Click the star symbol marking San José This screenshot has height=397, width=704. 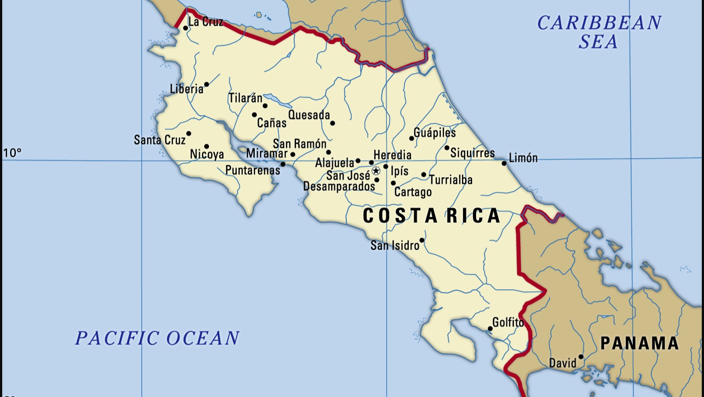pos(376,171)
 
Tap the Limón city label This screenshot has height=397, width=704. pos(523,158)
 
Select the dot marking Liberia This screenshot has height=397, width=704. pos(206,84)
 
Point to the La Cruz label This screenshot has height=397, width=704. pos(205,22)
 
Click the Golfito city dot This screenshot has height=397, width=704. pos(490,329)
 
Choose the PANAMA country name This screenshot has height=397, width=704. pos(639,343)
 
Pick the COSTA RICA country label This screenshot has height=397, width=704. pos(431,216)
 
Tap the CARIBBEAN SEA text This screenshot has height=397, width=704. pos(599,32)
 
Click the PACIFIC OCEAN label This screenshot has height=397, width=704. pos(157,338)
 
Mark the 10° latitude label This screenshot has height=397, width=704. pos(12,153)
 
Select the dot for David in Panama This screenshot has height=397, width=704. pos(581,357)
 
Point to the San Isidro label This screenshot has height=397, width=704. pos(395,245)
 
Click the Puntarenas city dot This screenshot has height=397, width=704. pos(283,164)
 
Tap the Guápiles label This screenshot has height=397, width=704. pos(435,132)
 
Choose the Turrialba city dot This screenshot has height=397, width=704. pos(424,175)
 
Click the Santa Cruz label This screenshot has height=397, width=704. pos(160,140)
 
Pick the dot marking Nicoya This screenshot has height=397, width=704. pos(206,146)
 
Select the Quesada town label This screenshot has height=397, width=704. pos(309,115)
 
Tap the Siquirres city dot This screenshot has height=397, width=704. pos(447,148)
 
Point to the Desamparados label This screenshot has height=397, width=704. pos(339,186)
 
